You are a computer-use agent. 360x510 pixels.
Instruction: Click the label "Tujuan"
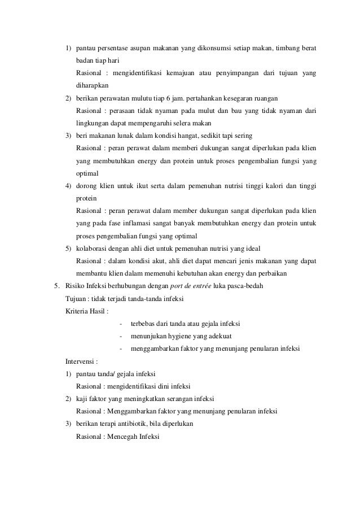pyautogui.click(x=77, y=298)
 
